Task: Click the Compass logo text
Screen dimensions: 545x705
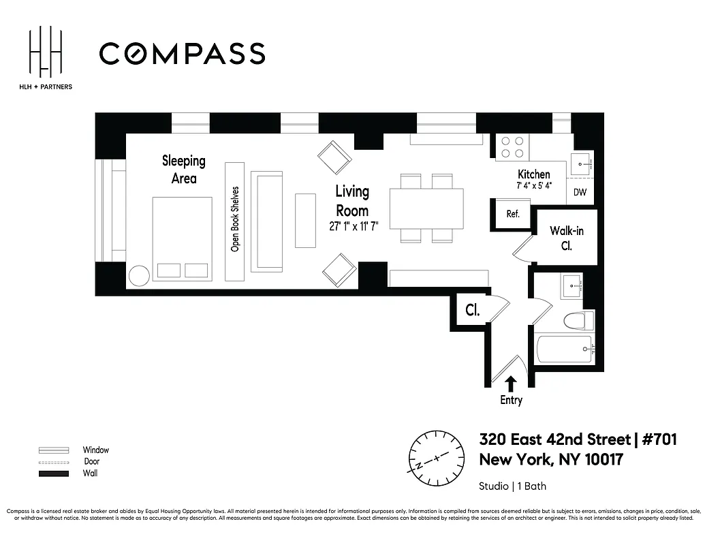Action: pos(182,54)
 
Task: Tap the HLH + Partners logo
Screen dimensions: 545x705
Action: pos(46,59)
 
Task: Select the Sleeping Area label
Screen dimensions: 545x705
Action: pos(183,169)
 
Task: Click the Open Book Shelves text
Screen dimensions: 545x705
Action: pos(235,219)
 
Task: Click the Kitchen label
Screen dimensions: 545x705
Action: pos(533,174)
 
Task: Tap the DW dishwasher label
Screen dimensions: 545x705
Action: pos(580,192)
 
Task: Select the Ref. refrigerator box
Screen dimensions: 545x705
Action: pos(512,213)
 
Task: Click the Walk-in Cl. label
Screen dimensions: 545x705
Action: pos(567,238)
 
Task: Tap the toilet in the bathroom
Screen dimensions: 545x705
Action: pos(578,320)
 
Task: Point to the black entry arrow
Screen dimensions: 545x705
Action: pos(510,384)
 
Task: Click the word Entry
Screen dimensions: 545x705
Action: pos(511,400)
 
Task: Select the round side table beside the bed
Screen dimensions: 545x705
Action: pos(139,275)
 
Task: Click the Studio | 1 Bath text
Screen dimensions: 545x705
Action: pos(512,486)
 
